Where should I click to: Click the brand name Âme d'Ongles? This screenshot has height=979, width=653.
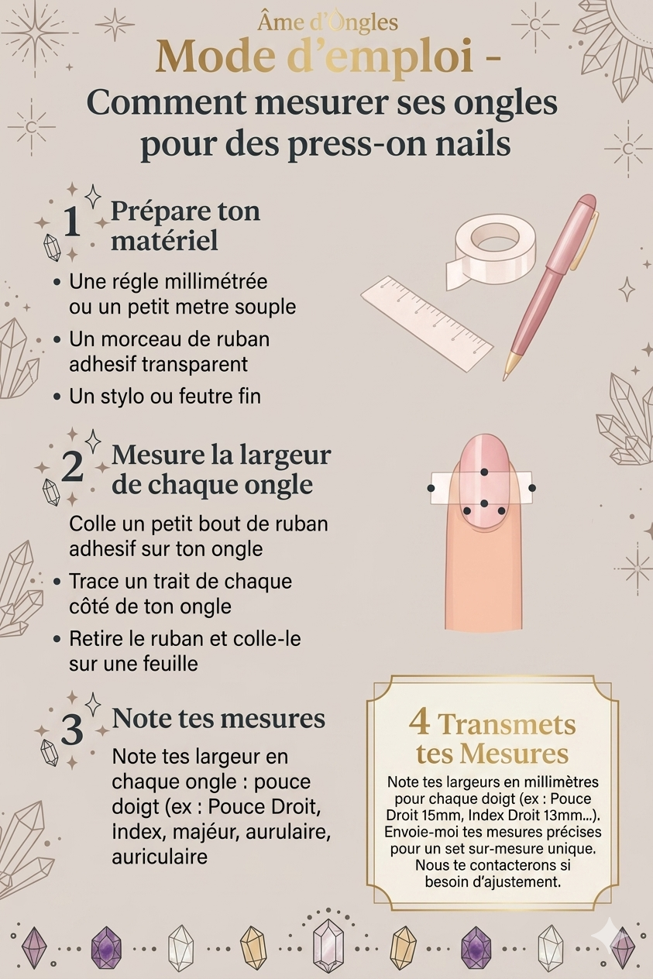(328, 23)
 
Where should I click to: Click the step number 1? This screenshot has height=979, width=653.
(72, 222)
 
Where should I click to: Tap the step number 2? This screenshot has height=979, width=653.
(72, 466)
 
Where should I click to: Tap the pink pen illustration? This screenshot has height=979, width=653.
(550, 287)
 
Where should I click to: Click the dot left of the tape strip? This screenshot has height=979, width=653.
(431, 488)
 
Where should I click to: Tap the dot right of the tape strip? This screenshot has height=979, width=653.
(532, 488)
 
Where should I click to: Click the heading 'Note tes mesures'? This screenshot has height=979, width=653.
(218, 718)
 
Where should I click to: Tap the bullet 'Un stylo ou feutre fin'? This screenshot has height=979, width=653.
(165, 397)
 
